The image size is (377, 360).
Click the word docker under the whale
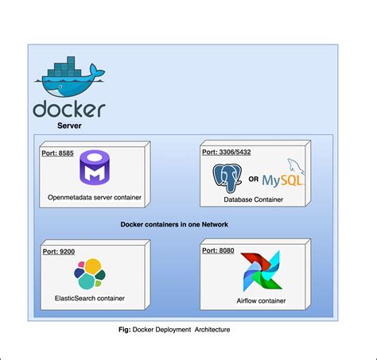pyautogui.click(x=69, y=108)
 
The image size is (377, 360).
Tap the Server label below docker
pyautogui.click(x=69, y=125)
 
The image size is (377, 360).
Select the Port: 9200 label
pyautogui.click(x=57, y=250)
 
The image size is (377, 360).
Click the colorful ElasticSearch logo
pyautogui.click(x=90, y=273)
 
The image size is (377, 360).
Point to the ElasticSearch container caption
pyautogui.click(x=90, y=299)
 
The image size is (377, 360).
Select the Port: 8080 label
pyautogui.click(x=220, y=250)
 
